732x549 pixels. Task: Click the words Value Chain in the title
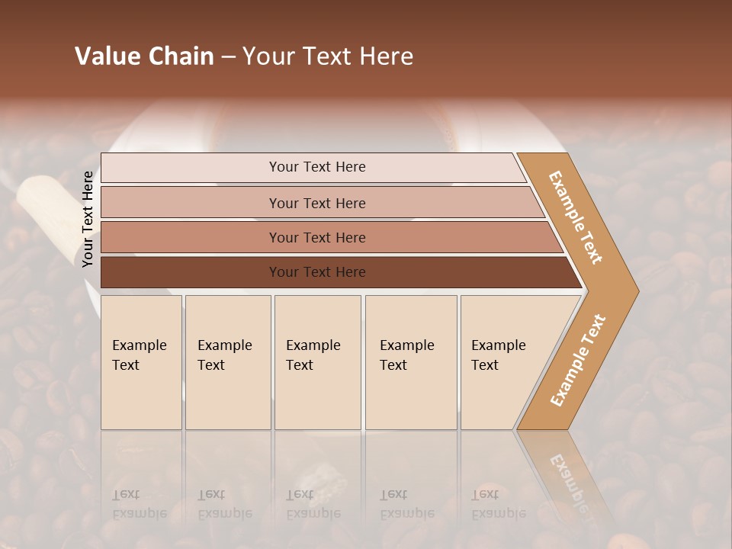pos(144,56)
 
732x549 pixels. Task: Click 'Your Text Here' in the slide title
pos(328,56)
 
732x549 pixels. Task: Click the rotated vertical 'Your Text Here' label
pos(88,219)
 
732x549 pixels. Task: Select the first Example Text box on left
pos(141,362)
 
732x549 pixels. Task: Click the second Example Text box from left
pos(227,362)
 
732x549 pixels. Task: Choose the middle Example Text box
pos(317,362)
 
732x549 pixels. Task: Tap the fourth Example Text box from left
pos(411,362)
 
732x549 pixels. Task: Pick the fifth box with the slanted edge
pos(503,362)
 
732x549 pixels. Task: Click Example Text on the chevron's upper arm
pos(576,217)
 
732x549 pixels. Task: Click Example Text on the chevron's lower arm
pos(578,360)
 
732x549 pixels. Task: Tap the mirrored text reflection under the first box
pos(139,504)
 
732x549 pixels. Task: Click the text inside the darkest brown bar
pos(317,272)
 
